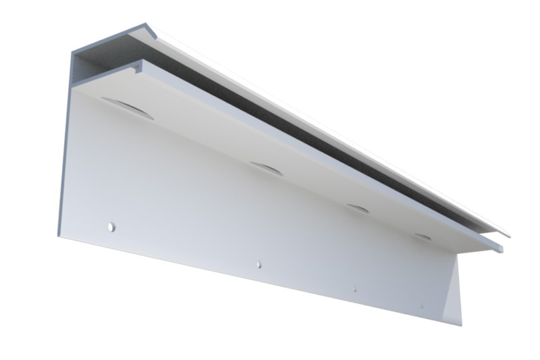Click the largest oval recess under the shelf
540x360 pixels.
(x=128, y=109)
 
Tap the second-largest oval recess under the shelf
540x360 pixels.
(x=266, y=168)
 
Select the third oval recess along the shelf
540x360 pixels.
(x=358, y=208)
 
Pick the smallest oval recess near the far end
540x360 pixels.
(x=423, y=236)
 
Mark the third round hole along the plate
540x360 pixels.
(x=354, y=290)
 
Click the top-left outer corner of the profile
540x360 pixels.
(x=73, y=49)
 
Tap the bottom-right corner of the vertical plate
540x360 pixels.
(x=461, y=325)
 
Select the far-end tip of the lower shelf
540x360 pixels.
(x=501, y=248)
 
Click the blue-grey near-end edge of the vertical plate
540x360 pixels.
(x=65, y=162)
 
